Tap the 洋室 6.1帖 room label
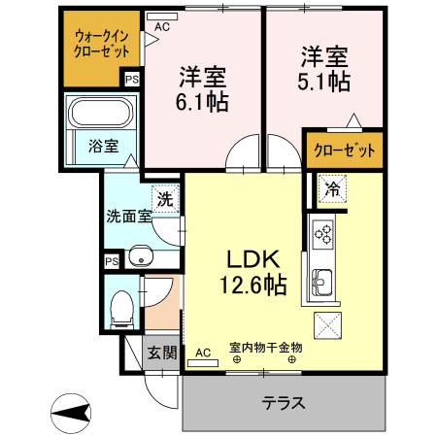point(202,87)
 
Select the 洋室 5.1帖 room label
point(322,69)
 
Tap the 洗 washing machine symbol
point(165,199)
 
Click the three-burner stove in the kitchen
point(323,234)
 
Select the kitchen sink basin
point(321,283)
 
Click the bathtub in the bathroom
point(102,114)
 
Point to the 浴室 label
point(104,147)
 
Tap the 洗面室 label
point(129,217)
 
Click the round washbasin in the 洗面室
point(142,258)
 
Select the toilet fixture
point(122,309)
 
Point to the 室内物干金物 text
point(266,347)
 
